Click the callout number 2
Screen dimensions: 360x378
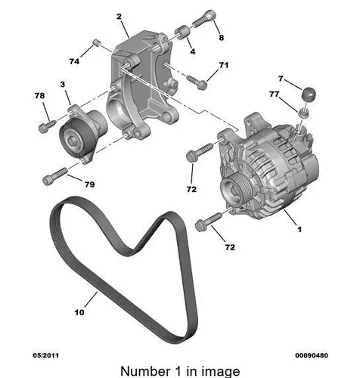pyautogui.click(x=119, y=17)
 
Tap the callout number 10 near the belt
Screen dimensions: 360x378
pyautogui.click(x=79, y=312)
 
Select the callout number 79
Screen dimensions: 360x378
pyautogui.click(x=89, y=184)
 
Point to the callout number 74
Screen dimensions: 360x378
pyautogui.click(x=74, y=61)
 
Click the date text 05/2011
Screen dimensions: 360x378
pyautogui.click(x=46, y=355)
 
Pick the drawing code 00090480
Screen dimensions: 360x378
pyautogui.click(x=312, y=355)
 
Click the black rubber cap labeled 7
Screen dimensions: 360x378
pyautogui.click(x=309, y=94)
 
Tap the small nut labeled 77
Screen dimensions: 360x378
pyautogui.click(x=305, y=113)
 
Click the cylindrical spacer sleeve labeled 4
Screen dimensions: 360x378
pyautogui.click(x=182, y=33)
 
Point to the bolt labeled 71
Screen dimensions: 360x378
pyautogui.click(x=197, y=82)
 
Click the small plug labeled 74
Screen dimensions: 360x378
pyautogui.click(x=96, y=42)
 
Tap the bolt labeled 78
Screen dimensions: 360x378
pyautogui.click(x=47, y=126)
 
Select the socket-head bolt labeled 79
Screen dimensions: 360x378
pyautogui.click(x=55, y=176)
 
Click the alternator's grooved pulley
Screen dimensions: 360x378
pyautogui.click(x=234, y=191)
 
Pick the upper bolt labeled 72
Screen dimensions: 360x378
pyautogui.click(x=200, y=152)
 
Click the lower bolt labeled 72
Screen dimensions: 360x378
pyautogui.click(x=209, y=221)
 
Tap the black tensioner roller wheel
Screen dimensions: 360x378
pyautogui.click(x=74, y=139)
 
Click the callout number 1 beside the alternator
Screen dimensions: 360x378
pyautogui.click(x=299, y=229)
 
